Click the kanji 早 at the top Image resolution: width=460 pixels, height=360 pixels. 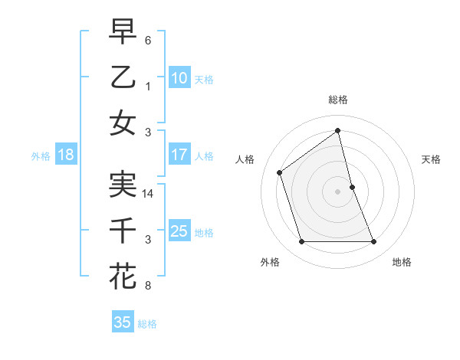(123, 32)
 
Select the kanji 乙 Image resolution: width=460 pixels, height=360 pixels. (123, 77)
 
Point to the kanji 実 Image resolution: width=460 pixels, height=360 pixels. (123, 185)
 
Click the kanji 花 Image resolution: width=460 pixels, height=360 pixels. (123, 276)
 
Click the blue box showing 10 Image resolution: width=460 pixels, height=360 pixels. (179, 77)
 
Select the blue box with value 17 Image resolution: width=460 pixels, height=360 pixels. (179, 154)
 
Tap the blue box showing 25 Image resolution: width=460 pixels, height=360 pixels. (179, 231)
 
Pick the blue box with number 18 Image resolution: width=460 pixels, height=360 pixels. (65, 154)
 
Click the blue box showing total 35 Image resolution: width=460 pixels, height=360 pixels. (123, 322)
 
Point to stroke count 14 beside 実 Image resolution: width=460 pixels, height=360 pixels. (149, 195)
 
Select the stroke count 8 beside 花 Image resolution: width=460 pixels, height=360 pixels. (148, 286)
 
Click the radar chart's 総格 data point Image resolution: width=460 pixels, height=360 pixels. (338, 130)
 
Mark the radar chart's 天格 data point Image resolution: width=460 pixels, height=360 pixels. (353, 187)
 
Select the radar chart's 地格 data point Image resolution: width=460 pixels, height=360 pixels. (374, 242)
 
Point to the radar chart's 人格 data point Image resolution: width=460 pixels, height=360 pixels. (280, 172)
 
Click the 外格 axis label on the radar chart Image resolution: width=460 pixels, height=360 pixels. (270, 262)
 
